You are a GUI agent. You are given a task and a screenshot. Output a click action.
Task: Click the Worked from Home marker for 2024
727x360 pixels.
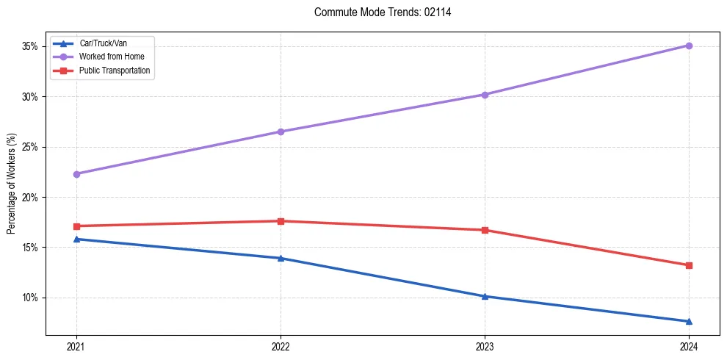point(689,46)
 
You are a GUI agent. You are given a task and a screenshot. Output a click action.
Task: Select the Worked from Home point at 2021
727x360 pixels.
point(76,174)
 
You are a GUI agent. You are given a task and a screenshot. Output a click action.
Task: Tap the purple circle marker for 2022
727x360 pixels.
point(281,132)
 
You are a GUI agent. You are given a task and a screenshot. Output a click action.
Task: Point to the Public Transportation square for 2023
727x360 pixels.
point(485,230)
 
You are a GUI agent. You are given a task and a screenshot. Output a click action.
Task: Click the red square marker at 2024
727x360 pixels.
point(689,265)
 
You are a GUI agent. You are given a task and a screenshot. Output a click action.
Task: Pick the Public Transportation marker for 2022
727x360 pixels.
point(281,221)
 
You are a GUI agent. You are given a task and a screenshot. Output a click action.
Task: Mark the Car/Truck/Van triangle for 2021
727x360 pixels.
point(76,239)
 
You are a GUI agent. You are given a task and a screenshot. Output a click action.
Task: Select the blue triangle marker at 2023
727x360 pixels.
point(485,296)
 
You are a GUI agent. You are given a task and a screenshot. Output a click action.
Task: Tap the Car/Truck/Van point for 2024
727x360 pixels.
point(689,321)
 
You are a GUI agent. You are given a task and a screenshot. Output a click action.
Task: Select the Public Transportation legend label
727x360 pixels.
point(115,71)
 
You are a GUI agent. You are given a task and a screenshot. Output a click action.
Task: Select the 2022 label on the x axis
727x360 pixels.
point(281,347)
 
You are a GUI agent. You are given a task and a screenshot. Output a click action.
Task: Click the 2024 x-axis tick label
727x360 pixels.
point(689,347)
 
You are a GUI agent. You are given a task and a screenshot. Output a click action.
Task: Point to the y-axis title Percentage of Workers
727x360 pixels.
point(12,184)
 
